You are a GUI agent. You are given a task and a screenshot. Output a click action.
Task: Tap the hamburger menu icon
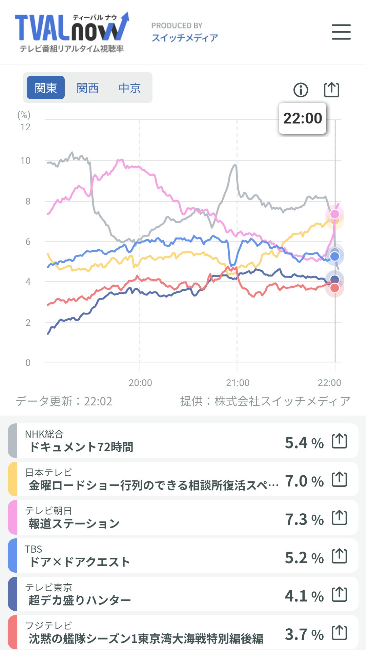click(x=341, y=32)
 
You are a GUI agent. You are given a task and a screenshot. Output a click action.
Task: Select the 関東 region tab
click(x=46, y=88)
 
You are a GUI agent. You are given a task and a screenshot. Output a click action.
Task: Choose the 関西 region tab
click(x=87, y=88)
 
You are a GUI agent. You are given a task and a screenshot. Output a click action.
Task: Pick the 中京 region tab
click(x=129, y=88)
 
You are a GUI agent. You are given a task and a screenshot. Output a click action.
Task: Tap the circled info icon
click(x=301, y=90)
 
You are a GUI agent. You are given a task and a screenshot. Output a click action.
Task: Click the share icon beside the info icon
click(x=331, y=90)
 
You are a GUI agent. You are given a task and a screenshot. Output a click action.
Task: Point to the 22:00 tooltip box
click(x=302, y=118)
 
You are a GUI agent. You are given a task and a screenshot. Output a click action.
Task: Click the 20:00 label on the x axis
click(x=140, y=383)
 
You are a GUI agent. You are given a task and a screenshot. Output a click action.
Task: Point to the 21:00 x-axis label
click(x=238, y=383)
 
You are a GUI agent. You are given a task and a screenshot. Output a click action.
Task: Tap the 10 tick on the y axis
click(x=25, y=160)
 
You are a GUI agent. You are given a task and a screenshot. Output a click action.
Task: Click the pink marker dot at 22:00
click(x=335, y=214)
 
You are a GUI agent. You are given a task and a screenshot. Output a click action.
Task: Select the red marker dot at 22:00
click(x=335, y=288)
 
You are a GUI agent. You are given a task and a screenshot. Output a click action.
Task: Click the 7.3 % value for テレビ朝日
click(x=304, y=519)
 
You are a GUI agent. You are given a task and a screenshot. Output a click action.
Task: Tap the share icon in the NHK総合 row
click(x=339, y=441)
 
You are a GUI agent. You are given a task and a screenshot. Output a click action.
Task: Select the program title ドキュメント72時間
click(x=81, y=447)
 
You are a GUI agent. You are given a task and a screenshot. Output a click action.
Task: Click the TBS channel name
click(x=34, y=549)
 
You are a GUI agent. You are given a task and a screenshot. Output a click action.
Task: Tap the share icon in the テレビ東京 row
click(x=339, y=594)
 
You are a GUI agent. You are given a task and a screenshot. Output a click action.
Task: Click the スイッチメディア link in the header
click(x=185, y=38)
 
